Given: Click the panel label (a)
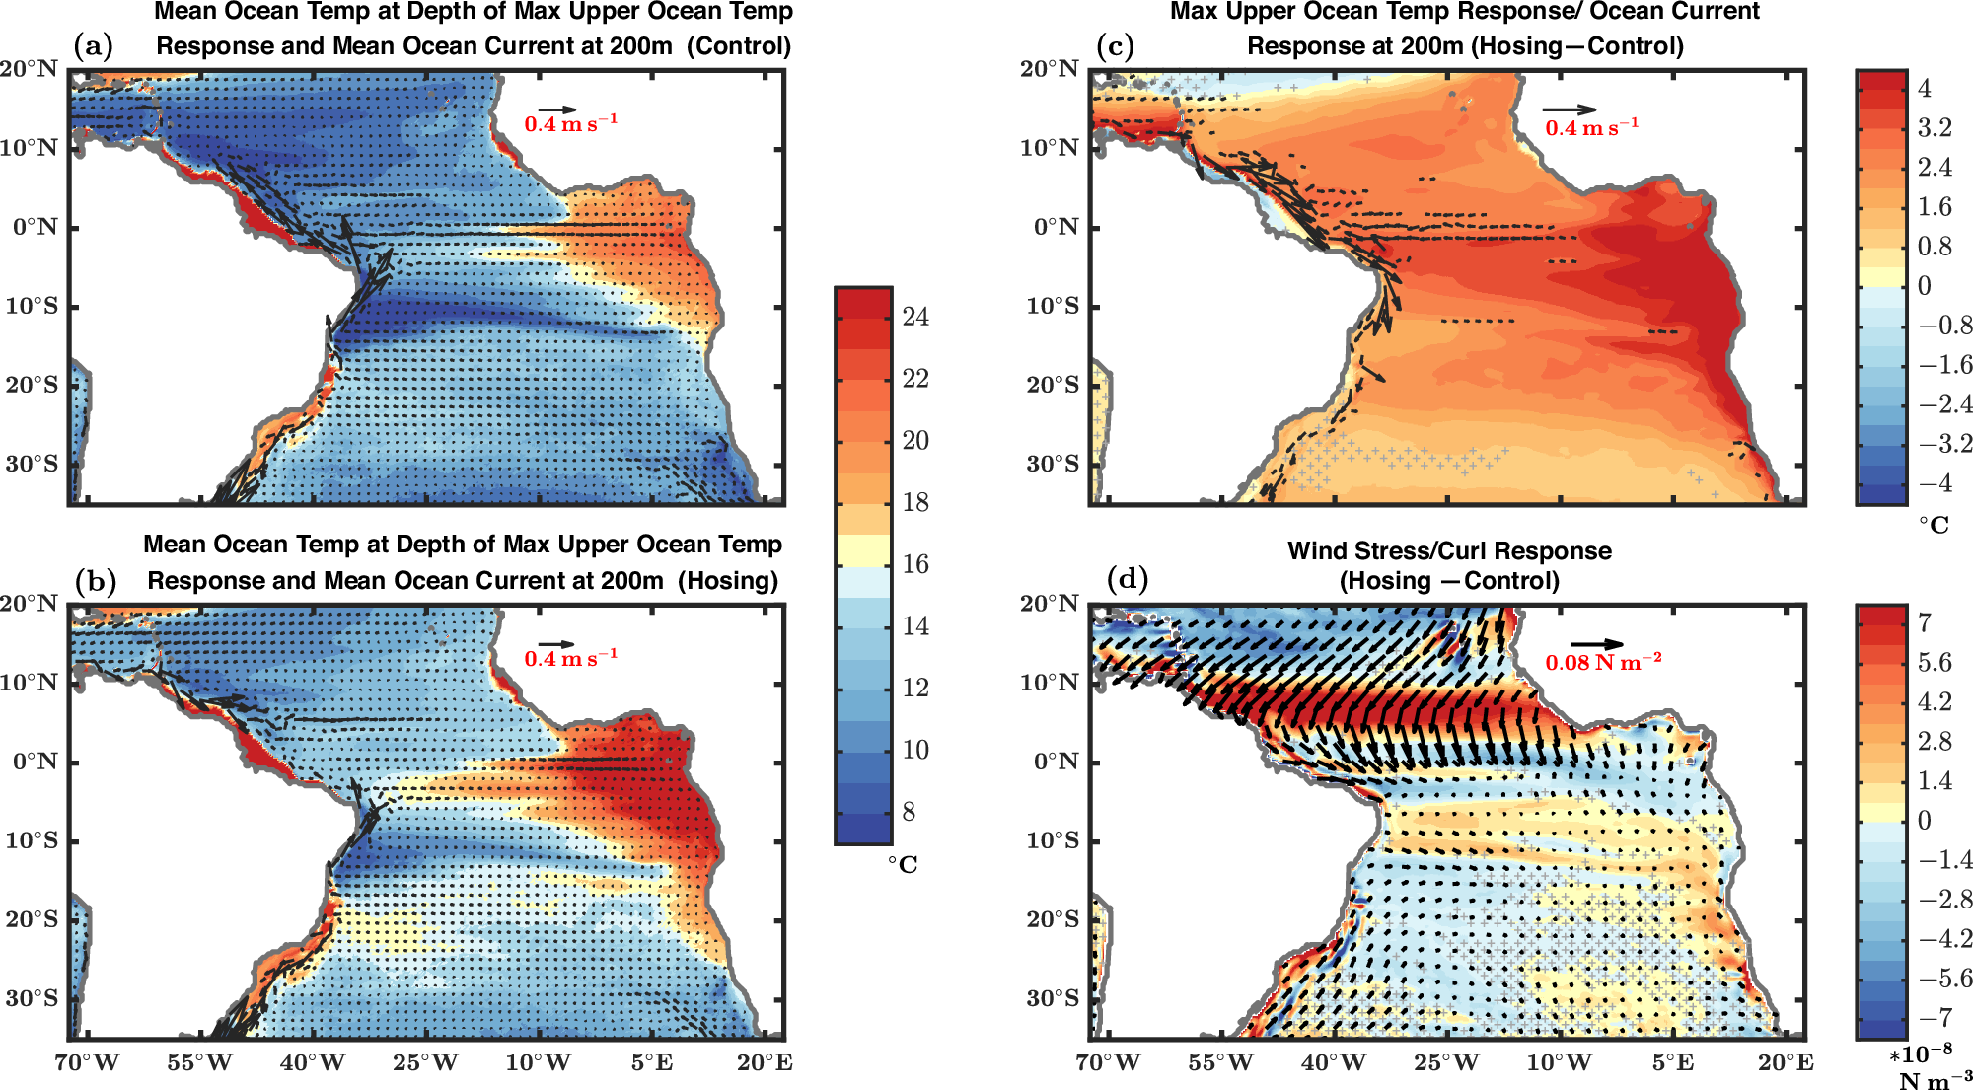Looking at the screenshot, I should coord(94,46).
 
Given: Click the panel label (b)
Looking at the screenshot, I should coord(96,581).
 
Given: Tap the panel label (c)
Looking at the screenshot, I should coord(1116,46).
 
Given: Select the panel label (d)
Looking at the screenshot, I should coord(1128,578).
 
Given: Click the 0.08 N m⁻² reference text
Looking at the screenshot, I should coord(1602,662).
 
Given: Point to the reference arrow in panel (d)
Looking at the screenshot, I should coord(1596,645).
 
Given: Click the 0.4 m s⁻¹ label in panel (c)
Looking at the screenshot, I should coord(1591,128).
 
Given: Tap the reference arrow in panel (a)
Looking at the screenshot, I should coord(557,109).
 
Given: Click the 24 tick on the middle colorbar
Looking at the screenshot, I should coord(915,317).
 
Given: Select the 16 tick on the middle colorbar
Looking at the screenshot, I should coord(915,564).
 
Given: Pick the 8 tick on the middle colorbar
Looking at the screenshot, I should coord(909,812).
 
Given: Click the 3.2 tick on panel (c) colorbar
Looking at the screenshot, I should coord(1935,127).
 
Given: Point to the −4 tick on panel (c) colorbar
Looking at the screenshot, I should coord(1935,483).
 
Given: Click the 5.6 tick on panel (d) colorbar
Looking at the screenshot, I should coord(1935,662).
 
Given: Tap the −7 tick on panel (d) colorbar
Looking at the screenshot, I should coord(1935,1017).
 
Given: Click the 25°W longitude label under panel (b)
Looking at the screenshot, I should coord(425,1063).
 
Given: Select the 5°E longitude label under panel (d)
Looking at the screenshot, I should coord(1672,1063).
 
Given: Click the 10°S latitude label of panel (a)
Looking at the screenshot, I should coord(32,306).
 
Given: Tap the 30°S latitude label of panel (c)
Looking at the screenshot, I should coord(1053,464).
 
